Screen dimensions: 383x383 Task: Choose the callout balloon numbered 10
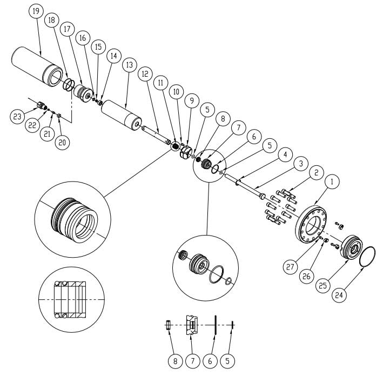pyautogui.click(x=176, y=92)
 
